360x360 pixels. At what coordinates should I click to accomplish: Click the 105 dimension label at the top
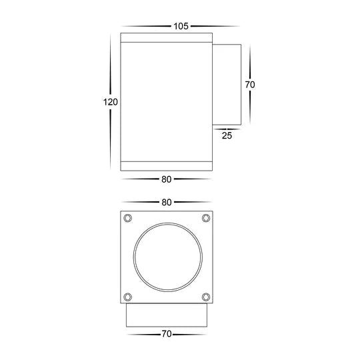click(180, 26)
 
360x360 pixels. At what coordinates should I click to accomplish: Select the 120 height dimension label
click(111, 102)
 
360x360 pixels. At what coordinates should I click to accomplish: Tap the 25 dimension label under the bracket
click(226, 135)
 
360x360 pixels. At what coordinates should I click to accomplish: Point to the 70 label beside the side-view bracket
click(250, 85)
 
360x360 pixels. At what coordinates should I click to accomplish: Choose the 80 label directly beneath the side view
click(166, 178)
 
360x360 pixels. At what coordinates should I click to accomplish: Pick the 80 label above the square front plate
click(166, 202)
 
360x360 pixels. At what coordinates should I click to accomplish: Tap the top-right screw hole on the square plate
click(205, 218)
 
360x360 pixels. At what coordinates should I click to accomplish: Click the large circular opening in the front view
click(166, 257)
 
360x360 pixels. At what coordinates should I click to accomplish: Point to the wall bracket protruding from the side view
click(226, 85)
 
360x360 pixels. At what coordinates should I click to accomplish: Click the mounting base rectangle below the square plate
click(166, 317)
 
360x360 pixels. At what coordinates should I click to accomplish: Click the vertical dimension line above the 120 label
click(111, 63)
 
